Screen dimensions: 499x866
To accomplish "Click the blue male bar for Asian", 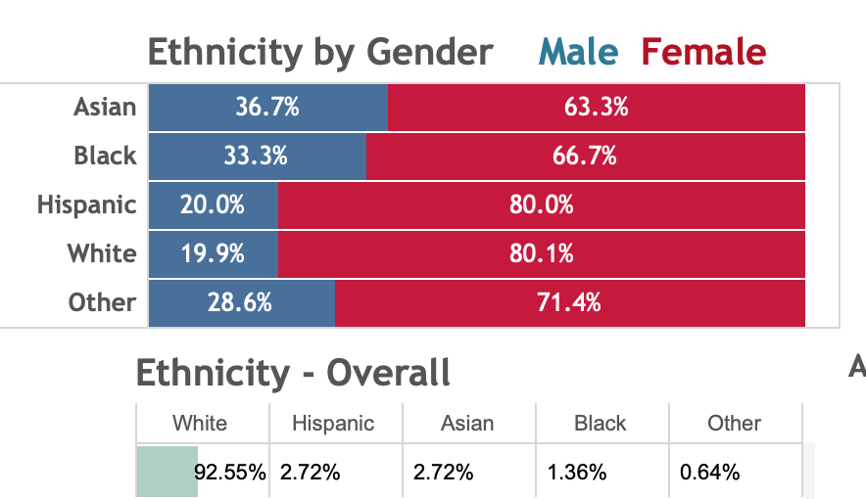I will (x=267, y=108).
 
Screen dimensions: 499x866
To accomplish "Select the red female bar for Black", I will (x=585, y=157).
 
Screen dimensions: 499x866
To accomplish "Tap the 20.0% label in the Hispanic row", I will (x=213, y=205).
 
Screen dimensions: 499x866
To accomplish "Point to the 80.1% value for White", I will (x=542, y=254).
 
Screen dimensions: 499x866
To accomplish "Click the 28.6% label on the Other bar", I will (x=239, y=303).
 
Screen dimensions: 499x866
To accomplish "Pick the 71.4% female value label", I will (x=569, y=303).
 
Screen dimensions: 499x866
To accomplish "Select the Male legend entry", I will (x=578, y=51).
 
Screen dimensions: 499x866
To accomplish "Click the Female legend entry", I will (x=703, y=51).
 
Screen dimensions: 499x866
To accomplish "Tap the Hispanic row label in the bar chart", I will (x=87, y=205).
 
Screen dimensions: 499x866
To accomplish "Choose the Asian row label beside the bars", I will (x=105, y=107).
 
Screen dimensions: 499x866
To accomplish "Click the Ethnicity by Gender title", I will (x=320, y=52).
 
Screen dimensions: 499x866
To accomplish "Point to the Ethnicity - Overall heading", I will (x=293, y=373).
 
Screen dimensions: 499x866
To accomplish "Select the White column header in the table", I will (x=200, y=424).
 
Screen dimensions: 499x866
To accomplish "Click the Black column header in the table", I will (x=601, y=424).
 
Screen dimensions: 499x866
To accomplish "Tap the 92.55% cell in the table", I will (x=230, y=473).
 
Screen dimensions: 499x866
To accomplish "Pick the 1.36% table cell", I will (x=577, y=473).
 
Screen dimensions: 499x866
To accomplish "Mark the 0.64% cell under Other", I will (x=710, y=473).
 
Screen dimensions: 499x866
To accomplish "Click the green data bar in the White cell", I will (x=167, y=472).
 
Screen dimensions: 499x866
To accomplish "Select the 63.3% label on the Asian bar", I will (x=596, y=108).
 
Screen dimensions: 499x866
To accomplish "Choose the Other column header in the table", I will (x=734, y=424).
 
